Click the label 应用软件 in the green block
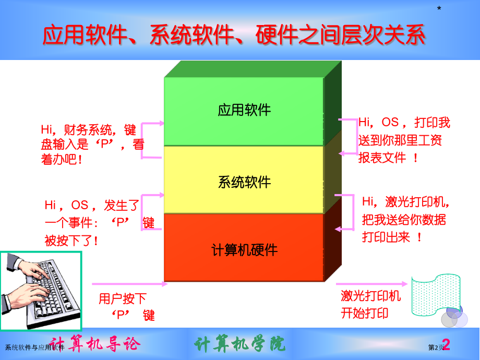coord(244,111)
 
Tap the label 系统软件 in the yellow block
coord(244,182)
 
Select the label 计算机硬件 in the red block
coord(244,250)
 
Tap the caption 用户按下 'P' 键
coord(124,306)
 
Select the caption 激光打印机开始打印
coord(370,305)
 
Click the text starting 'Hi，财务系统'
coord(92,145)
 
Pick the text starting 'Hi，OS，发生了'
coord(99,223)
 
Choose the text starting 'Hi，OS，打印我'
coord(404,140)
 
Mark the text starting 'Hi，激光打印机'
coord(405,219)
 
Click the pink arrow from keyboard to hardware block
coord(129,284)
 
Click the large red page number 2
coord(446,345)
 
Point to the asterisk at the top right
coord(439,9)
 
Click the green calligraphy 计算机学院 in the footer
coord(239,344)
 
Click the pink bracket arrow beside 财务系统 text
coord(152,140)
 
